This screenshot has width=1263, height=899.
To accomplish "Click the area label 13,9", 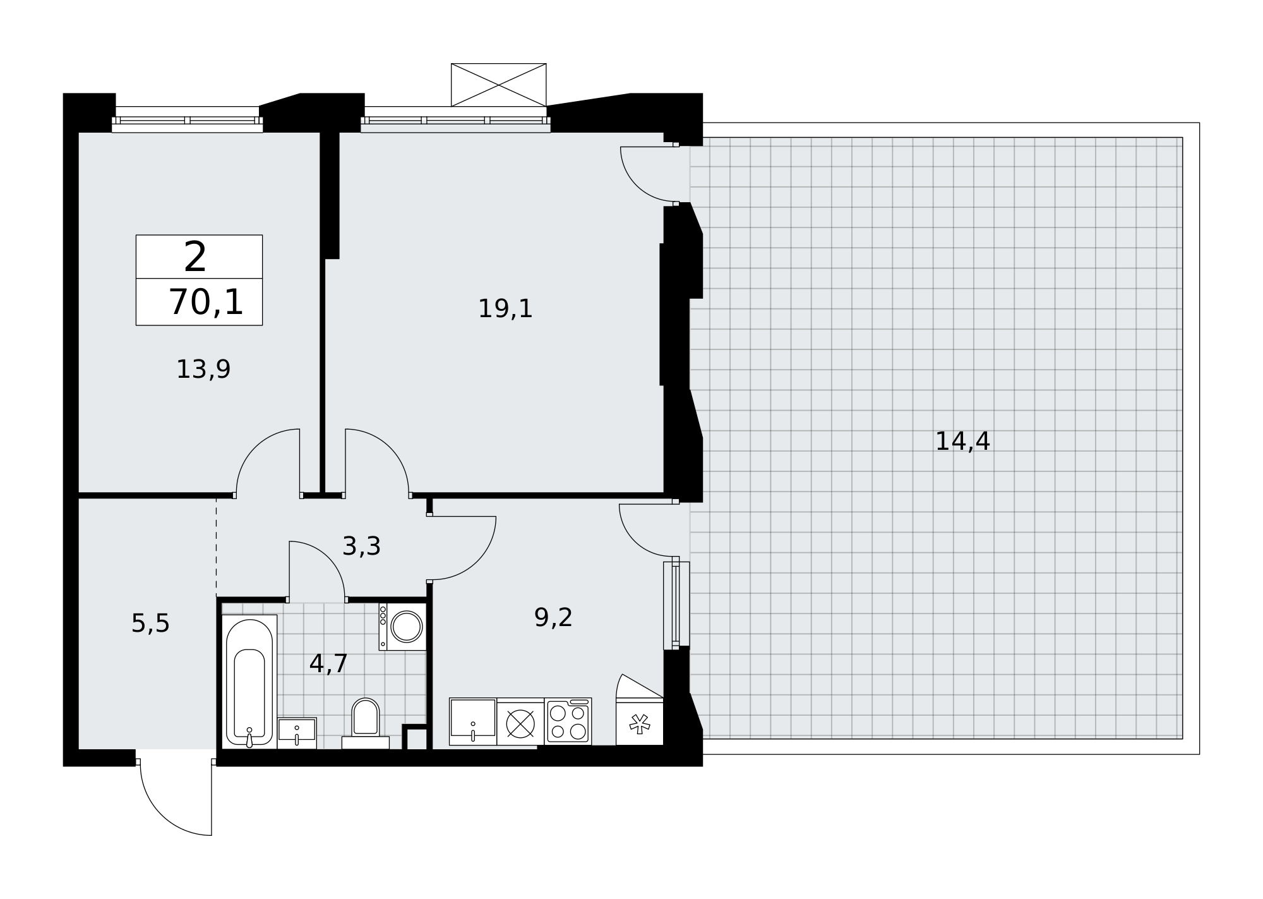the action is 203,370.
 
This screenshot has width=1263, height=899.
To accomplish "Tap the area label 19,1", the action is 505,309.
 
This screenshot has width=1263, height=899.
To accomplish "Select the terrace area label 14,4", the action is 962,442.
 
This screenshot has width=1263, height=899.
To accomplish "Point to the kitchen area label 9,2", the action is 553,618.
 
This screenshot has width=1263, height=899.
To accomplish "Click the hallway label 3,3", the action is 361,546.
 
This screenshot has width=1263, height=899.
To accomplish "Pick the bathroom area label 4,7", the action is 328,664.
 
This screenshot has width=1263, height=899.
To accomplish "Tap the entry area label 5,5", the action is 150,624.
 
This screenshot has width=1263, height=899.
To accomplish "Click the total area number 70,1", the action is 206,302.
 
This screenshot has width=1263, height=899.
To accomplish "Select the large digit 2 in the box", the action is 195,257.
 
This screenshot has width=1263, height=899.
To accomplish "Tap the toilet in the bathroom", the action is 365,724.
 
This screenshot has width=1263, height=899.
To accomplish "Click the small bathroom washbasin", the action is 297,733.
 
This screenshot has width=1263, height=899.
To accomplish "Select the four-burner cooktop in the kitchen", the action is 568,721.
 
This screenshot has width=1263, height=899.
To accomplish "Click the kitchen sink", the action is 473,721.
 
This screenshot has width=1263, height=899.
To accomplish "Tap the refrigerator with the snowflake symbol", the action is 640,721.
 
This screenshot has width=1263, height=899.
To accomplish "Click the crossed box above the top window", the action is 498,85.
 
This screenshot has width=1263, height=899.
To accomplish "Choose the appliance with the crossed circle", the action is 520,721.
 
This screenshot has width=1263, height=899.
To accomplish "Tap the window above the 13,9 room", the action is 188,120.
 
